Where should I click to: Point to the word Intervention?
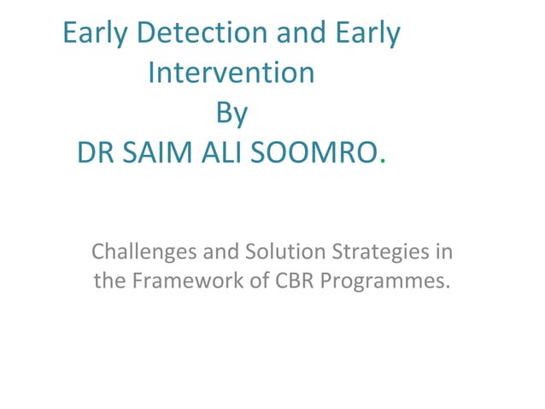[231, 73]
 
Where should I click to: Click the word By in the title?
[231, 112]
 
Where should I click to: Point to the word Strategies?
[376, 254]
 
